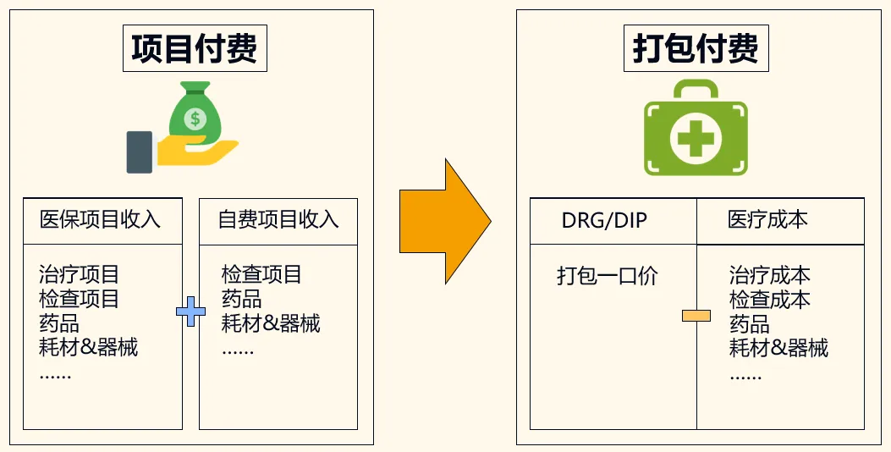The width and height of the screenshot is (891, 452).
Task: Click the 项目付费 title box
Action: (x=194, y=48)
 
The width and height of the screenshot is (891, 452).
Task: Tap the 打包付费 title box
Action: (x=696, y=48)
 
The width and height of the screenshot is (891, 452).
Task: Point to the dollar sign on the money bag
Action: (x=195, y=118)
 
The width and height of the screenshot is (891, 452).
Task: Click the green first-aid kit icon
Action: (x=696, y=128)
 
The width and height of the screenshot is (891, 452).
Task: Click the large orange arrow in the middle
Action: (x=445, y=222)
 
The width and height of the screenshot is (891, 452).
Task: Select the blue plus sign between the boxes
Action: (x=190, y=312)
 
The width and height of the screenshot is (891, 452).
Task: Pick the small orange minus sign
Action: (x=696, y=317)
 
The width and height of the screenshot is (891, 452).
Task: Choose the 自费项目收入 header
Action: (x=278, y=220)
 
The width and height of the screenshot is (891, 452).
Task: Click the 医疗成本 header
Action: (x=767, y=220)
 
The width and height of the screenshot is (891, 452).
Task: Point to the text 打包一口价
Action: (x=607, y=276)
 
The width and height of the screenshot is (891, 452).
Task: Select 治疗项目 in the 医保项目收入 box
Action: (x=80, y=274)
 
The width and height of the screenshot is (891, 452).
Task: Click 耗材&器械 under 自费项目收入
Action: (x=271, y=323)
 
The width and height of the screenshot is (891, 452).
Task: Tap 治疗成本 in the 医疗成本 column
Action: (x=769, y=275)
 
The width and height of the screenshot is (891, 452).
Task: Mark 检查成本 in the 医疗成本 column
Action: (x=769, y=300)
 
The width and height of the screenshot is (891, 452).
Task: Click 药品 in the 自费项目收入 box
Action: (x=241, y=299)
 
